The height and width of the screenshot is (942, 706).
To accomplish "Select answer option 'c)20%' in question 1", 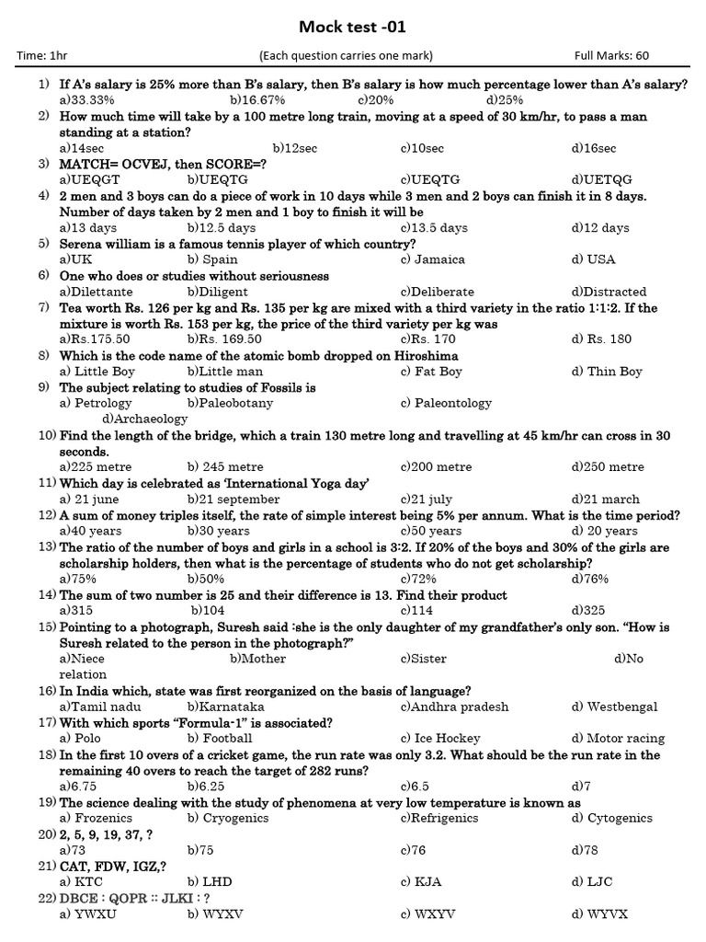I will coord(376,99).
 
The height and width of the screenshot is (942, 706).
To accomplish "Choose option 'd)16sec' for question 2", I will coord(594,148).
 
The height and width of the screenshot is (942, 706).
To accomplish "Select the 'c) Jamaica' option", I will coord(433,259).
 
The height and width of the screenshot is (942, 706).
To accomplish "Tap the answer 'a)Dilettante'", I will coord(96,292).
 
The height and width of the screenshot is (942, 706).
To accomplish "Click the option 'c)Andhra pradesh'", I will coord(454,706).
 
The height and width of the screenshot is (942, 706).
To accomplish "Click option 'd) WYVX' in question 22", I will coord(599,913).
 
